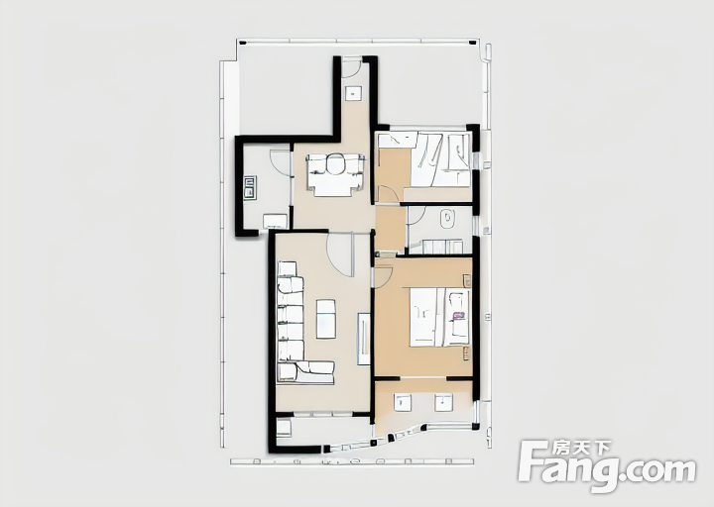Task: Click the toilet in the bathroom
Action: click(x=447, y=219)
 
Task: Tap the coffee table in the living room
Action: click(x=326, y=319)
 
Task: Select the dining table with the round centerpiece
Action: click(x=335, y=174)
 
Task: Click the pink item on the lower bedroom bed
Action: click(x=457, y=315)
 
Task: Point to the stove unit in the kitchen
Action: click(x=250, y=187)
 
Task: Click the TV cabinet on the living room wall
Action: click(x=363, y=339)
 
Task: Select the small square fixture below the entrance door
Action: click(x=353, y=93)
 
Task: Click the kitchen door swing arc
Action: click(x=280, y=161)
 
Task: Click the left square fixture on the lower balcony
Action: click(x=403, y=403)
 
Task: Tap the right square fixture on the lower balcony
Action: click(x=444, y=403)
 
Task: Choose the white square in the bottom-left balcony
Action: click(x=284, y=429)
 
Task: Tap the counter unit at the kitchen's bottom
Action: click(x=275, y=221)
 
